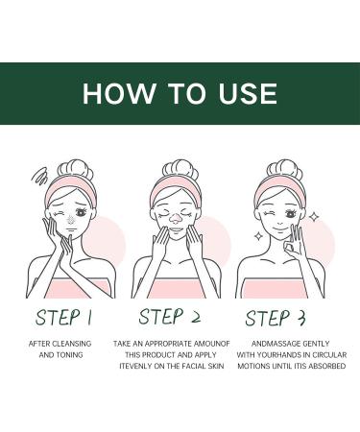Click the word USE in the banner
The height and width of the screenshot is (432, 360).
(248, 93)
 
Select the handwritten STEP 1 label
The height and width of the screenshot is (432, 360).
(63, 318)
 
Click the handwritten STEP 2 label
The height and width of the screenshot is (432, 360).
(170, 317)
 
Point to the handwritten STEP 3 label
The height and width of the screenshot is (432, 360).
(276, 318)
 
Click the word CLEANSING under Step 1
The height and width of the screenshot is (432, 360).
(71, 344)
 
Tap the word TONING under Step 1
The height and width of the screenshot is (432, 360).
(69, 355)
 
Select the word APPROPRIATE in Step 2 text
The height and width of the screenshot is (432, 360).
(168, 344)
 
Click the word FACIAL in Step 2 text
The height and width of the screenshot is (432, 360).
(194, 366)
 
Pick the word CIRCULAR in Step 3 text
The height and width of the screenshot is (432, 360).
(329, 355)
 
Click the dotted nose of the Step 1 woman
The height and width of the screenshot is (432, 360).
(71, 219)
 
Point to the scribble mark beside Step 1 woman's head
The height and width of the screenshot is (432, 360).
(39, 177)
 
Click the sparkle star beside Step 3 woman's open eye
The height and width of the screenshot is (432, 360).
(314, 218)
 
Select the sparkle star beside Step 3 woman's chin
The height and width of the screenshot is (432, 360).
(258, 236)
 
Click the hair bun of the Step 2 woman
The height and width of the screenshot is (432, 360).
(180, 170)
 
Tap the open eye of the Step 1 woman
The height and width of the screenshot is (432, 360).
(81, 212)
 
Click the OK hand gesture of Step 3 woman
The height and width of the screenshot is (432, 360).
(295, 243)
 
